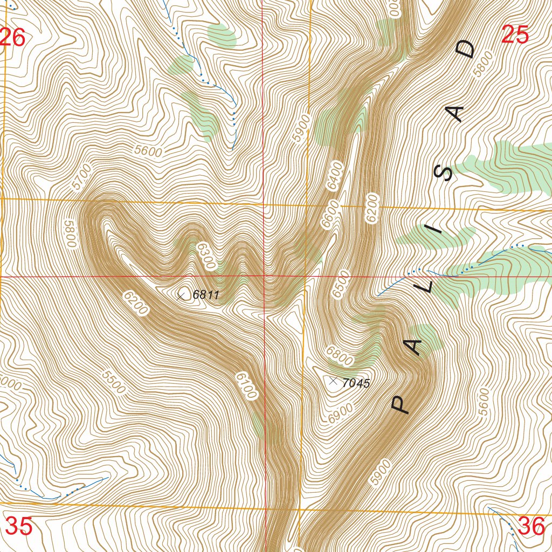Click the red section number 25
pyautogui.click(x=515, y=35)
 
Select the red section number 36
pyautogui.click(x=531, y=527)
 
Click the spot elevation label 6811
pyautogui.click(x=206, y=294)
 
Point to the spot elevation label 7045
pyautogui.click(x=356, y=383)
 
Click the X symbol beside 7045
pyautogui.click(x=333, y=381)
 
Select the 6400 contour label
pyautogui.click(x=334, y=175)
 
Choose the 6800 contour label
pyautogui.click(x=340, y=356)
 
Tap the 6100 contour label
pyautogui.click(x=245, y=385)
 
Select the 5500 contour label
pyautogui.click(x=113, y=382)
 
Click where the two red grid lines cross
pyautogui.click(x=264, y=277)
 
